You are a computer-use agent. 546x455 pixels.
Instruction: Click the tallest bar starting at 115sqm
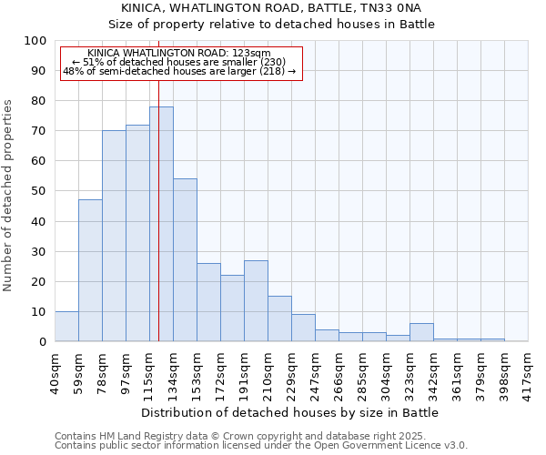click(161, 224)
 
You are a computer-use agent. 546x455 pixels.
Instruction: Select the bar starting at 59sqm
click(90, 270)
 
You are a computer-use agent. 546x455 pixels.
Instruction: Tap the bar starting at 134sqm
click(185, 260)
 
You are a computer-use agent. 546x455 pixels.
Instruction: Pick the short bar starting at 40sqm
click(66, 327)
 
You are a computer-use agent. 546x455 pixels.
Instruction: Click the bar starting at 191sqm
click(256, 301)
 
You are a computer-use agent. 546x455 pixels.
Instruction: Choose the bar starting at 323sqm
click(421, 332)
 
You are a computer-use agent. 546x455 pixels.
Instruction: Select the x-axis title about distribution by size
click(290, 412)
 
